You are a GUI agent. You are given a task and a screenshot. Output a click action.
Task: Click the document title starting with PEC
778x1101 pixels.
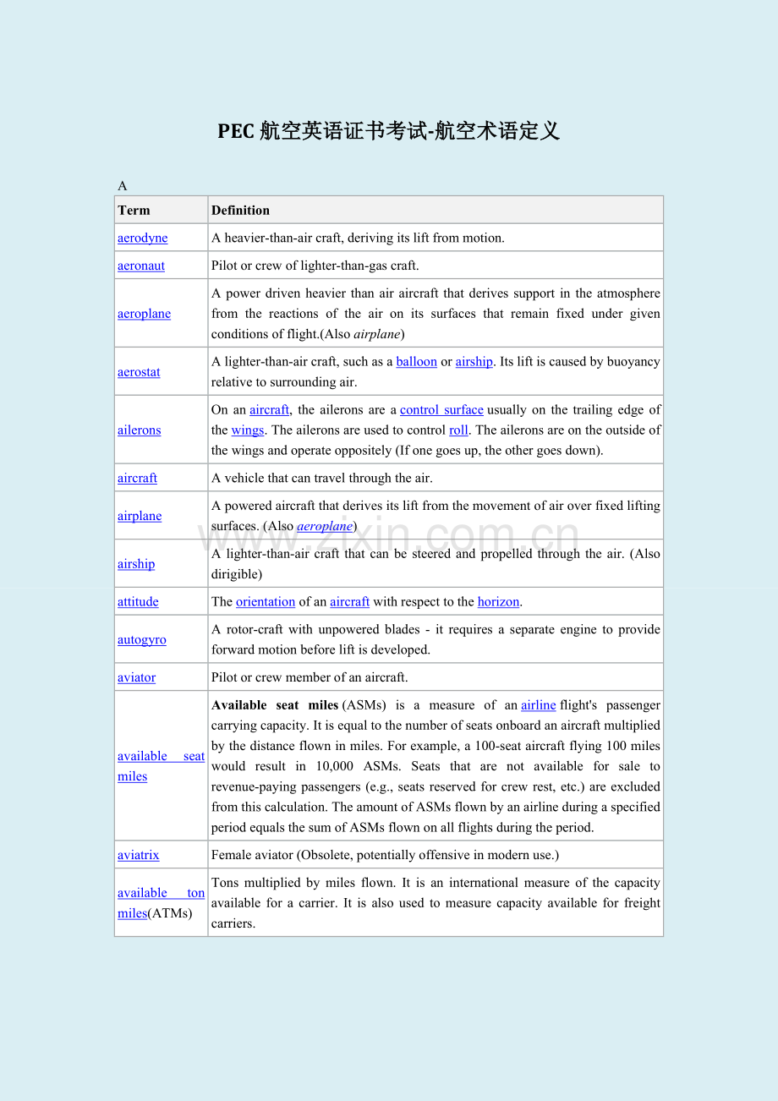tap(388, 131)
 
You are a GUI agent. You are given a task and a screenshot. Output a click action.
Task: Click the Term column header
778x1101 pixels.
tap(134, 211)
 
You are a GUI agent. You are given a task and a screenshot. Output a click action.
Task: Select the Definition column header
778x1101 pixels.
tap(240, 211)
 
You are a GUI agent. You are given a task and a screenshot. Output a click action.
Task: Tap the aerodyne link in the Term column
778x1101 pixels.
tap(142, 238)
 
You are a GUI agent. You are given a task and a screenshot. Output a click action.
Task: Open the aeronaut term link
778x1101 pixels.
tap(141, 266)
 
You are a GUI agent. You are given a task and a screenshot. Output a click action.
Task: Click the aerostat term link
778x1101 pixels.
tap(139, 372)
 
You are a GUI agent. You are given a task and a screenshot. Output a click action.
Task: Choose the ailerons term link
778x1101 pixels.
tap(139, 430)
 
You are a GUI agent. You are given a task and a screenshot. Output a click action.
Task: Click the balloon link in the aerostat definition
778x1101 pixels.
tap(416, 362)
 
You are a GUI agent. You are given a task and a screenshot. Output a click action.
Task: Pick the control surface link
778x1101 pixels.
tap(441, 410)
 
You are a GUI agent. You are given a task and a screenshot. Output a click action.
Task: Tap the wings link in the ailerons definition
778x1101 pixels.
tap(248, 430)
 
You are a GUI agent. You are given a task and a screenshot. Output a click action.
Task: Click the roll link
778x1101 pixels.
tap(458, 430)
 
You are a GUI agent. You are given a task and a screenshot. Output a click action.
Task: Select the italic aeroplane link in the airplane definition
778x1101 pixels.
tap(325, 526)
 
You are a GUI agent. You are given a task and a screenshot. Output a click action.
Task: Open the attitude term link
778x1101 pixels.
tap(138, 602)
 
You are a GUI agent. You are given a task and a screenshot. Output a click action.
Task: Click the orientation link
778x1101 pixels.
tap(266, 602)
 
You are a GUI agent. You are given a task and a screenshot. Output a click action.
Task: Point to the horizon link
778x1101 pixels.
tap(498, 602)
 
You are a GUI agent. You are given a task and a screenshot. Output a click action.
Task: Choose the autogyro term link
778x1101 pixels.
tap(141, 640)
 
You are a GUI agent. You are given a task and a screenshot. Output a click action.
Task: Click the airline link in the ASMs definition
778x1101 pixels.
tap(538, 705)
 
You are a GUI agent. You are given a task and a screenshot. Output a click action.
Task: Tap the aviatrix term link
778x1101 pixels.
tap(138, 855)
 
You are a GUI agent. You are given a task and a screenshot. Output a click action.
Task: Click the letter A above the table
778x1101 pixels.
tap(122, 186)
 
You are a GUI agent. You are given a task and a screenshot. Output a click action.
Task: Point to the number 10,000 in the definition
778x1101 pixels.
tap(336, 766)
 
